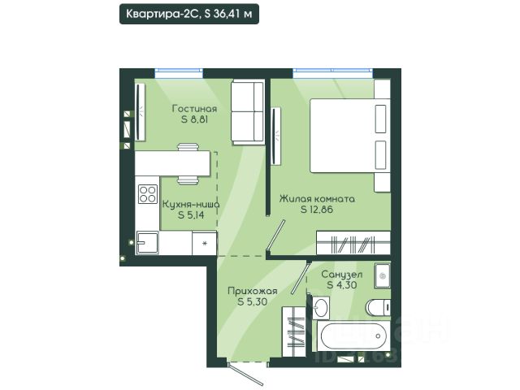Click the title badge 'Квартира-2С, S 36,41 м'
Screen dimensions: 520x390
coord(189,14)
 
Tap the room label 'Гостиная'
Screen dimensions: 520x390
coord(195,109)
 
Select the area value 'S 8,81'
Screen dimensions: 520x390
coord(195,119)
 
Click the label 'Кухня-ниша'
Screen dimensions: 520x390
coord(191,204)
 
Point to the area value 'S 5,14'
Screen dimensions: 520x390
coord(191,214)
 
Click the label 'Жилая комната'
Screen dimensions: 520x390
coord(317,199)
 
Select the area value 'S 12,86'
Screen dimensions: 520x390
coord(317,210)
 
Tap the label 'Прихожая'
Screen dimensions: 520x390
coord(253,291)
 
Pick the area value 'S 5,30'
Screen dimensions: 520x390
coord(253,301)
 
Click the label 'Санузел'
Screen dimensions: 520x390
coord(342,275)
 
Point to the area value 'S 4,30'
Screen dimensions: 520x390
coord(342,285)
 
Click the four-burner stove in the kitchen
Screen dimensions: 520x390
coord(148,194)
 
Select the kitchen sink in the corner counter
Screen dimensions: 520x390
coord(147,242)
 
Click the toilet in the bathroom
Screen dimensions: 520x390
coord(378,307)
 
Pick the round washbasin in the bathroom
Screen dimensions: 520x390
coord(321,307)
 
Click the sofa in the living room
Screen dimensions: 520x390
coord(248,112)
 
